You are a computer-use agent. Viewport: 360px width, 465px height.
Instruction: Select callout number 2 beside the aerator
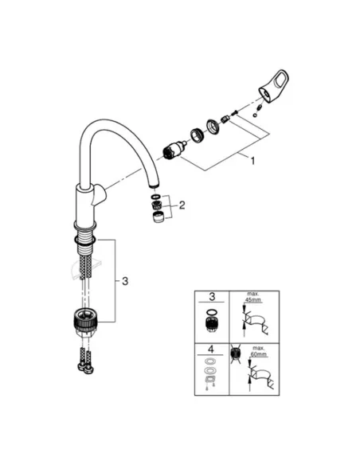(182, 205)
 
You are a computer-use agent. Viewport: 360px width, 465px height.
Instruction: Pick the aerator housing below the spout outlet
(158, 217)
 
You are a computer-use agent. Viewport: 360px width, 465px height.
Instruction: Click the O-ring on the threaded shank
(84, 235)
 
